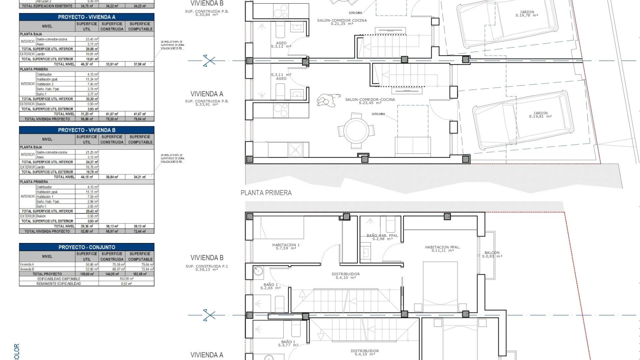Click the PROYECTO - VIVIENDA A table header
(87, 17)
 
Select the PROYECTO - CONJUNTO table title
(87, 247)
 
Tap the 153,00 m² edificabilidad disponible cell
(126, 279)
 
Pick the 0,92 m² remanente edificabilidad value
(126, 284)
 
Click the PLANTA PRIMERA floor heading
(266, 193)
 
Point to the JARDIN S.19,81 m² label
(540, 115)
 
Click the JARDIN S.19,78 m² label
(527, 14)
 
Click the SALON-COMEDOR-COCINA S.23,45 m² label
(370, 101)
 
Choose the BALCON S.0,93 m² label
(492, 254)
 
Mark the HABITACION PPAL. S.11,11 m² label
(442, 249)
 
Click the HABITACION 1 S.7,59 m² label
(286, 246)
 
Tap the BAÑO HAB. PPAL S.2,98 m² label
(382, 237)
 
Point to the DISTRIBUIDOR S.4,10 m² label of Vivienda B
(345, 276)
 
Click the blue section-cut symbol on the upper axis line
(209, 61)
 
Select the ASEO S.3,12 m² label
(281, 45)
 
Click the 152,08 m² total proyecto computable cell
(140, 274)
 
